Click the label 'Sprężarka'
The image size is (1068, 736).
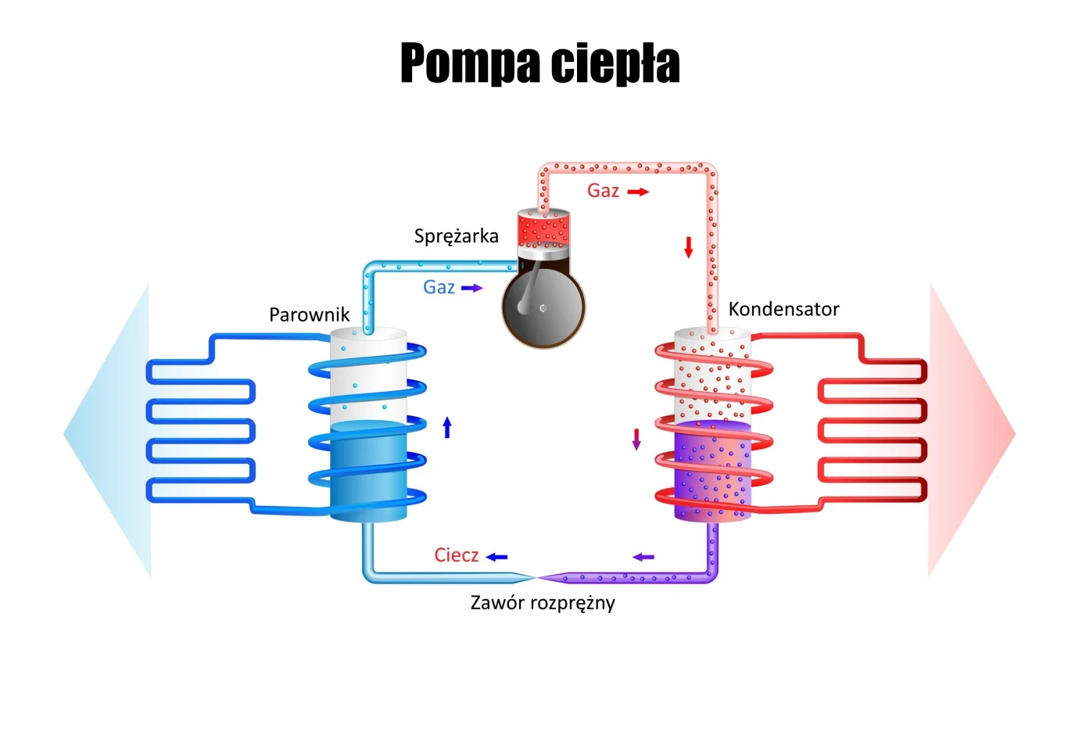pyautogui.click(x=456, y=236)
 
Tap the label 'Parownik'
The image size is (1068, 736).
pyautogui.click(x=309, y=314)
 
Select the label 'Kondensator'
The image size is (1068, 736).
pyautogui.click(x=783, y=309)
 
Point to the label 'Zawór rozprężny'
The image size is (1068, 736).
pyautogui.click(x=542, y=603)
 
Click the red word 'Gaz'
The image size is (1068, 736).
pyautogui.click(x=603, y=191)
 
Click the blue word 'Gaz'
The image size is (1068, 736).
pyautogui.click(x=439, y=287)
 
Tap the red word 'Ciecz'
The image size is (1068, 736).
pyautogui.click(x=456, y=555)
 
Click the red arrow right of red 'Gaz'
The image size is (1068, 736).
pyautogui.click(x=638, y=192)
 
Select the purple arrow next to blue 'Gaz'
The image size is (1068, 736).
pyautogui.click(x=472, y=288)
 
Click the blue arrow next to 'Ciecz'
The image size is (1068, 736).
pyautogui.click(x=496, y=557)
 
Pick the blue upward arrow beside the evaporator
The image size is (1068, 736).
pyautogui.click(x=447, y=427)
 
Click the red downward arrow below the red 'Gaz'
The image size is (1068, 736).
pyautogui.click(x=689, y=247)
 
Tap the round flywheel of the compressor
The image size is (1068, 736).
pyautogui.click(x=543, y=308)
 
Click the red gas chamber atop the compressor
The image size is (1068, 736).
pyautogui.click(x=543, y=229)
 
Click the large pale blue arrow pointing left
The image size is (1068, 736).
pyautogui.click(x=109, y=432)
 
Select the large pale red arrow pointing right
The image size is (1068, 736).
pyautogui.click(x=969, y=432)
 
